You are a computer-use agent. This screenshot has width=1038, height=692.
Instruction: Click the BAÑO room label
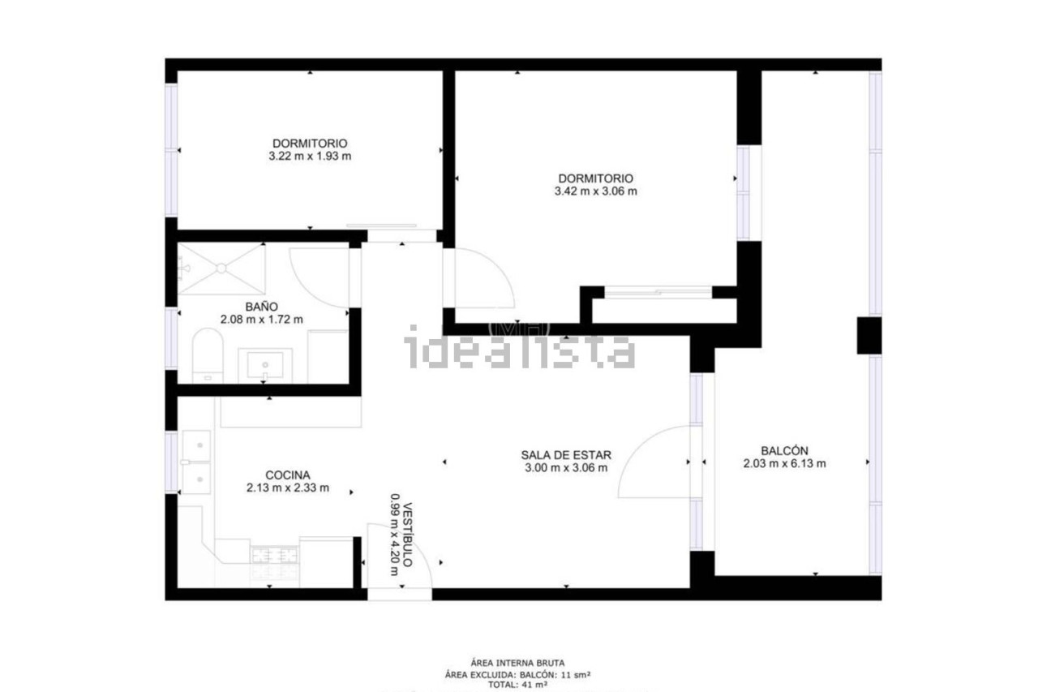[261, 307]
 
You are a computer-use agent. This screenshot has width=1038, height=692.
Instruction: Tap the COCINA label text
[288, 475]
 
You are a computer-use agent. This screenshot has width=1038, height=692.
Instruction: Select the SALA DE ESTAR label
[566, 455]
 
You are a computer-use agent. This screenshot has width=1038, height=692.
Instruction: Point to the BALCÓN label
[784, 450]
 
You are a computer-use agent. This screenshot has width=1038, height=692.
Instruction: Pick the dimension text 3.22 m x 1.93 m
[310, 157]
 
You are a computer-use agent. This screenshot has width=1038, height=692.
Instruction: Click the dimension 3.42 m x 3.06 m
[595, 191]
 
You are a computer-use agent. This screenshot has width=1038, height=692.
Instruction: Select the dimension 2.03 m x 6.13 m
[784, 463]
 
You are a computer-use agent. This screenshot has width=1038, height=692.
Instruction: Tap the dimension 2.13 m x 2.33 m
[288, 488]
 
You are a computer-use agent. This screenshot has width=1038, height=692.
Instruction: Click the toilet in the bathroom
[208, 355]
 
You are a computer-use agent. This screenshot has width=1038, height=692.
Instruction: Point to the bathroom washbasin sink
[265, 365]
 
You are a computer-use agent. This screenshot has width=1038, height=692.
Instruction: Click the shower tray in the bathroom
[221, 269]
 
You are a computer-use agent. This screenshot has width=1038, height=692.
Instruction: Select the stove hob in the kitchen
[274, 562]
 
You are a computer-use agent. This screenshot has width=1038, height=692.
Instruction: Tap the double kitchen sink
[196, 462]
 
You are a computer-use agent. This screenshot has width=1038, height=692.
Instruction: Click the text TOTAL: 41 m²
[517, 684]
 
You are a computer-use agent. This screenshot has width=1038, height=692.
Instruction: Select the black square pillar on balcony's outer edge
[869, 336]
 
